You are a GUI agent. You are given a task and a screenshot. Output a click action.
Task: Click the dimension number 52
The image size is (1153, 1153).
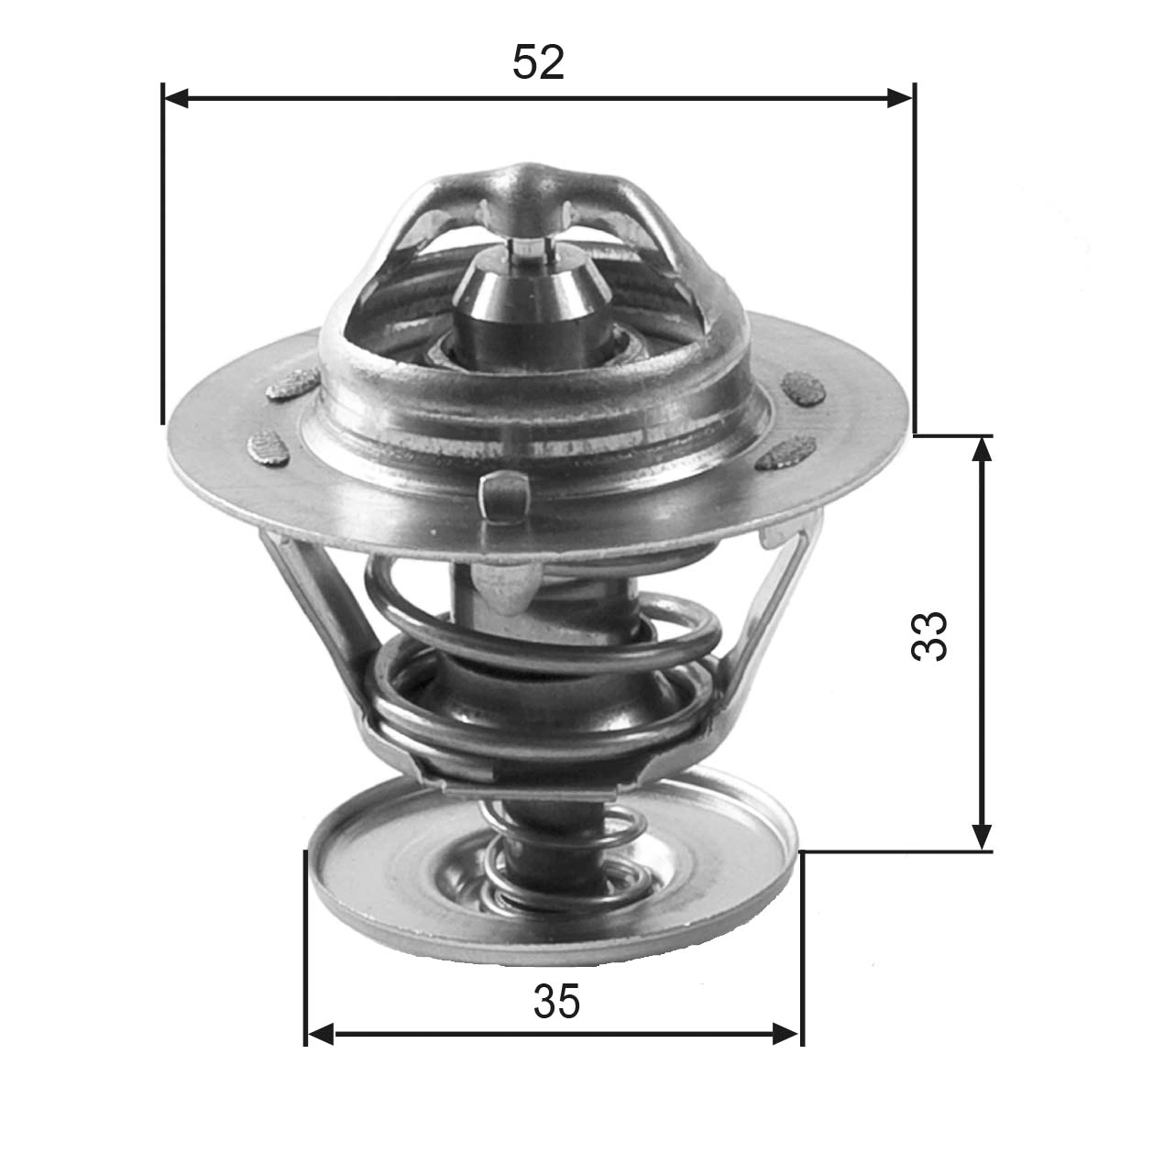point(538,62)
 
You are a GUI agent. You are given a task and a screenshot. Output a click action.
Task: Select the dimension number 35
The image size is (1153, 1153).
point(556,1002)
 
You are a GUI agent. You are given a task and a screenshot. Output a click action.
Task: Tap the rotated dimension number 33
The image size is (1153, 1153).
point(929,636)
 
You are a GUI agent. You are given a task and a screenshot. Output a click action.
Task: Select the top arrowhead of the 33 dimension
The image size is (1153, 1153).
point(982,449)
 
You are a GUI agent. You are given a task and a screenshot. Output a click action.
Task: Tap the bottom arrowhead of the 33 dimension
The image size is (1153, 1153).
point(982,837)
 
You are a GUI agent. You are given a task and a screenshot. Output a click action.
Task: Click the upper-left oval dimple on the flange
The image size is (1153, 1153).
point(292,385)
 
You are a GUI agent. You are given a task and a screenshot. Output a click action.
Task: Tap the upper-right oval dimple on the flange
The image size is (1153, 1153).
point(805,388)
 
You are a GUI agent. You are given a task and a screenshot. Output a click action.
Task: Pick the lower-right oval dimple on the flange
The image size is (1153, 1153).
point(786,451)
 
